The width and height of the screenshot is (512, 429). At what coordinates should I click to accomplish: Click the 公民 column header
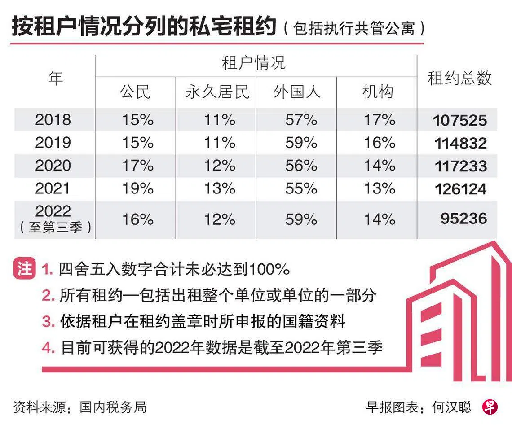point(135,92)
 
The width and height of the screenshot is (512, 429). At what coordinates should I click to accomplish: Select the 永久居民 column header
point(217,92)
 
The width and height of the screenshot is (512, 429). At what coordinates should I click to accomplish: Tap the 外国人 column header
point(297,92)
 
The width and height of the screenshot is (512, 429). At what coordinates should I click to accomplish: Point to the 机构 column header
point(377,92)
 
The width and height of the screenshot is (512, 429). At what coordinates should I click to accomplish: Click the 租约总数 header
point(459,78)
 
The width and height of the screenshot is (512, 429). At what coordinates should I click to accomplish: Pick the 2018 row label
point(53,120)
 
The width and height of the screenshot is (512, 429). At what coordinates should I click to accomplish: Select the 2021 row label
point(53,188)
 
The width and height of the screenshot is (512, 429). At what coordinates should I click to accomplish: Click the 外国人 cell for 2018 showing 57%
point(301,120)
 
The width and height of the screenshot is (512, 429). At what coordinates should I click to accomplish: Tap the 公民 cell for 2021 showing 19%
point(138,188)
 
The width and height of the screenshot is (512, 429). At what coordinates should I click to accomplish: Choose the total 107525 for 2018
point(460,120)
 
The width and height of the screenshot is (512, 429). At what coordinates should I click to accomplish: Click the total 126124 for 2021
point(460,189)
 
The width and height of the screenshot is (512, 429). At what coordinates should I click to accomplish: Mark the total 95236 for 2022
point(463,218)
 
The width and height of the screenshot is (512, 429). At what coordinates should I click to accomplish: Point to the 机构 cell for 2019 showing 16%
point(380,143)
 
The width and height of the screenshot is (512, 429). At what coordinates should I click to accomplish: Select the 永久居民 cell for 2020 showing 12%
point(220,166)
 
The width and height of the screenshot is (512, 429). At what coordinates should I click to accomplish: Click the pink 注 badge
point(24,268)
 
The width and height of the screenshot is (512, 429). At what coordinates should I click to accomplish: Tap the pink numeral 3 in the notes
point(48,322)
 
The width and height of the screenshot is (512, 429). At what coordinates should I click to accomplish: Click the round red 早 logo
point(490,407)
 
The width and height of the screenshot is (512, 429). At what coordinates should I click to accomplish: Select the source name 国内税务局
point(113,407)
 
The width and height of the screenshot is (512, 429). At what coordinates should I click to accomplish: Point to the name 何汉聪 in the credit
point(451,407)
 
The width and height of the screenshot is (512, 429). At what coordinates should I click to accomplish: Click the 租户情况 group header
point(254,63)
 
